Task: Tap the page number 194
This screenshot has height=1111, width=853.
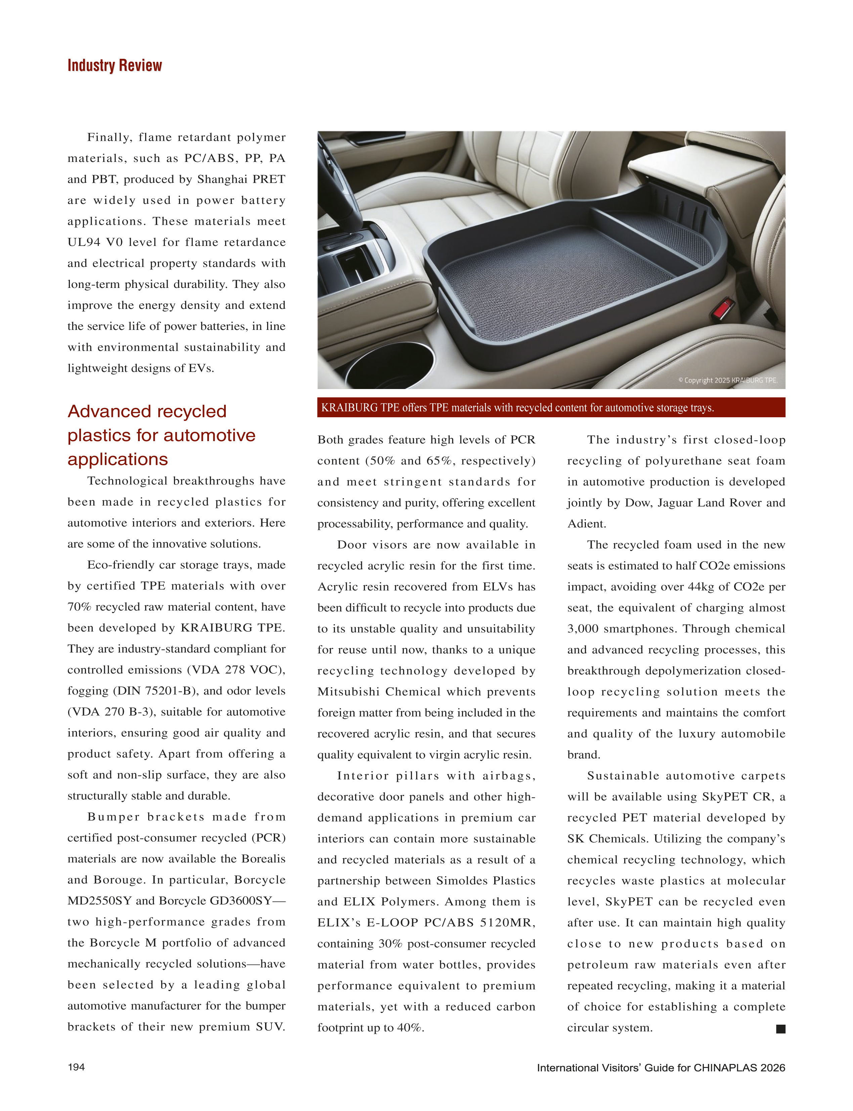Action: coord(76,1067)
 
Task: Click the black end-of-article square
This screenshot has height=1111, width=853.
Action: coord(780,1029)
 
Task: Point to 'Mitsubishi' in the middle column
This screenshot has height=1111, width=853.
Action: coord(348,692)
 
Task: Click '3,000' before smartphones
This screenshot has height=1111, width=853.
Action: coord(583,629)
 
